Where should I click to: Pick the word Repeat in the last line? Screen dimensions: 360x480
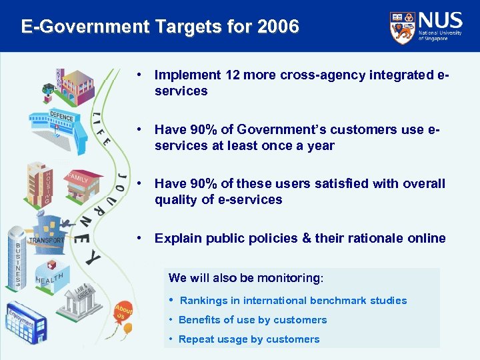196,339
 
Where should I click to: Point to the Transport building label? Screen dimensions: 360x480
47,240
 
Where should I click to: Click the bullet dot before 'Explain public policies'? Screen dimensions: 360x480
137,238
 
